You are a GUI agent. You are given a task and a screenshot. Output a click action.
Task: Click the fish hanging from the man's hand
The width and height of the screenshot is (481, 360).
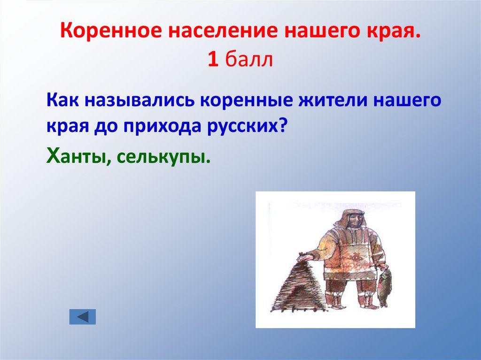[384, 286]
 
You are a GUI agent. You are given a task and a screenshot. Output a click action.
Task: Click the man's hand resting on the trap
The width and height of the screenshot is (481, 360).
[305, 257]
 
